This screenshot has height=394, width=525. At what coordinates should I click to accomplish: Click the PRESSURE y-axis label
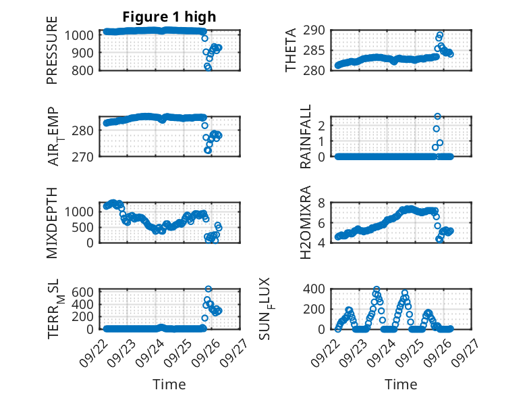[52, 50]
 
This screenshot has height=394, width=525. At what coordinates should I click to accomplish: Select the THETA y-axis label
[291, 50]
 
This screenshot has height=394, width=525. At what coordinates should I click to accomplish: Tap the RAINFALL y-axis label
[306, 137]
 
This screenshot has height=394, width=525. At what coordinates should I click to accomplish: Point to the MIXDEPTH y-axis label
[52, 222]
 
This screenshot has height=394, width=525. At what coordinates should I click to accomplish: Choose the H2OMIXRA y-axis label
[306, 222]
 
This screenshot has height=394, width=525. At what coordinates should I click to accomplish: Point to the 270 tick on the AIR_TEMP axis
[86, 156]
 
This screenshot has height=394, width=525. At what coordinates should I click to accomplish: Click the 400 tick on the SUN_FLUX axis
[321, 289]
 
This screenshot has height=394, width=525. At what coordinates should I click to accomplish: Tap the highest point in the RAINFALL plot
[437, 116]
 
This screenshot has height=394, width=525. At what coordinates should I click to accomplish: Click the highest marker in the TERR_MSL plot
[209, 289]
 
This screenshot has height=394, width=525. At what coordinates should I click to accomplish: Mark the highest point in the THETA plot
[441, 34]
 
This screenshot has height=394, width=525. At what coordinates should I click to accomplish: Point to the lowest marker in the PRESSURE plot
[209, 68]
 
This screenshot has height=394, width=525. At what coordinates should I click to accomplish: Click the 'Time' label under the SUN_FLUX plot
[401, 384]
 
